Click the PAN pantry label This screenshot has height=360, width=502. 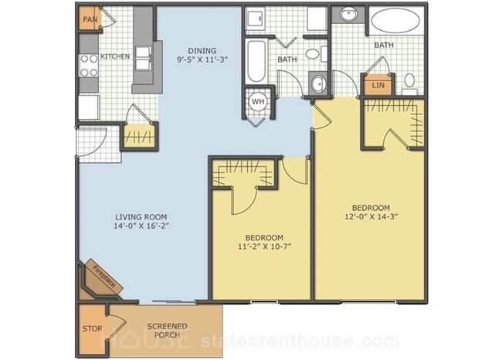(x=90, y=19)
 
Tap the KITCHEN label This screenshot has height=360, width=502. (x=115, y=56)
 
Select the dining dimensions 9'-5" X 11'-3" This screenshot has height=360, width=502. (x=202, y=59)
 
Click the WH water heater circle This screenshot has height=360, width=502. (x=258, y=101)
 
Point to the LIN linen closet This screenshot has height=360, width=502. (x=378, y=86)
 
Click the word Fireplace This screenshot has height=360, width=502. (x=103, y=277)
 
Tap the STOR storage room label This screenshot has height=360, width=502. (x=93, y=328)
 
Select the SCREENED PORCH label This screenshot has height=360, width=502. (x=167, y=331)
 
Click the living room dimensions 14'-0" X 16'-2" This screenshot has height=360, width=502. (x=141, y=226)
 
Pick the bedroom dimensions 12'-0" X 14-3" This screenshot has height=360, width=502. (x=371, y=216)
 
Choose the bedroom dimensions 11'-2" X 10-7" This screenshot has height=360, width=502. (x=264, y=246)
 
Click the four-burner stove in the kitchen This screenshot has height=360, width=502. (x=89, y=66)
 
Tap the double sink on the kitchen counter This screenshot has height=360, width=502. (x=143, y=58)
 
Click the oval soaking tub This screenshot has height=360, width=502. (x=395, y=21)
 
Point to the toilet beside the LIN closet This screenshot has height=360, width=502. (x=409, y=84)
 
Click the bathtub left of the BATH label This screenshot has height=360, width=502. (x=256, y=61)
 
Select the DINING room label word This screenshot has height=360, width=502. (x=202, y=51)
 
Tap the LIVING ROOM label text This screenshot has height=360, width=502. (x=141, y=217)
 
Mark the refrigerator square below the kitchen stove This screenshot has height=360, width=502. (x=89, y=107)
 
